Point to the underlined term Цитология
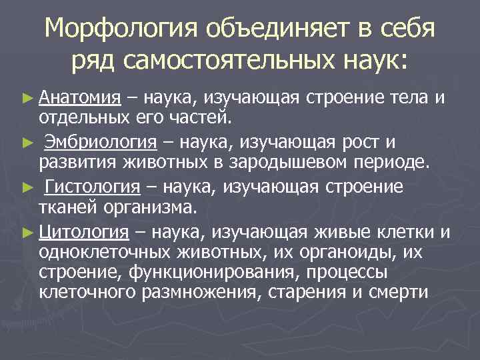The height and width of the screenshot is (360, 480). pyautogui.click(x=84, y=231)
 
